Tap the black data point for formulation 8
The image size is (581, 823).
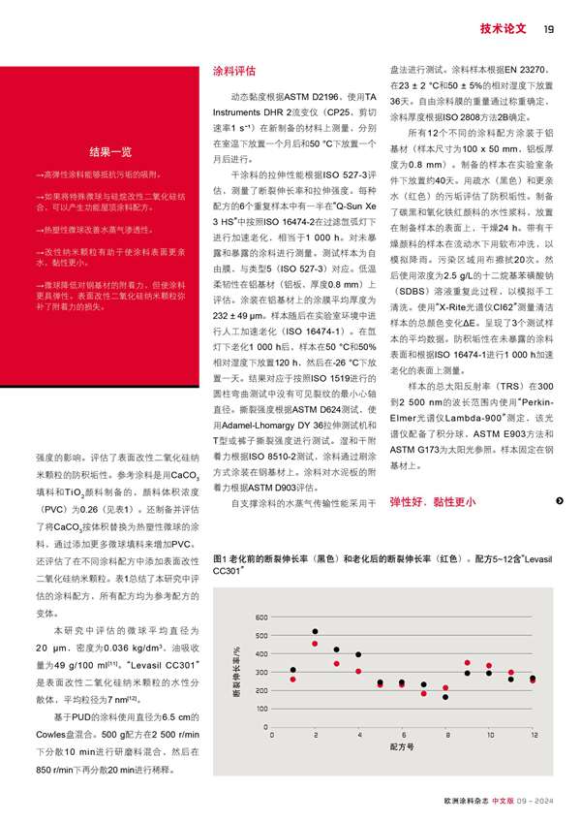point(445,696)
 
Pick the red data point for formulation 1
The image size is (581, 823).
point(292,680)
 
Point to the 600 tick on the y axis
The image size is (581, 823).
point(261,617)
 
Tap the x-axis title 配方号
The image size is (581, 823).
point(402,747)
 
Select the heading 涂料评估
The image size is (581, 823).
point(234,71)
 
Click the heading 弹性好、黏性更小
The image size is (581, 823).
point(433,501)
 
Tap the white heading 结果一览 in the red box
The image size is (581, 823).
point(111,150)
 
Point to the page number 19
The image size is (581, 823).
point(548,29)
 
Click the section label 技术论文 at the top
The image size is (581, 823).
point(503,29)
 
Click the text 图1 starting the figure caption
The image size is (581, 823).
point(219,559)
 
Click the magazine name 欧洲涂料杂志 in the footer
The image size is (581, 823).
point(464,802)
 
